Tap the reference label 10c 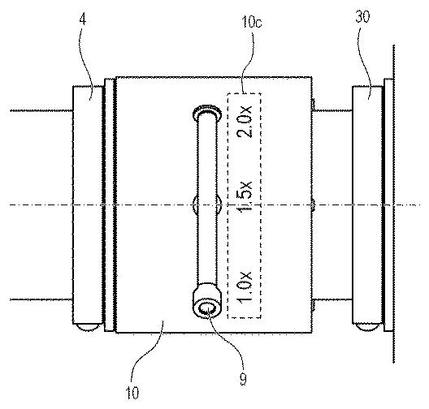(x=252, y=22)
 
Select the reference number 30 (x=362, y=16)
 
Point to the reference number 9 (x=243, y=379)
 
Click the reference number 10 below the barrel (x=132, y=393)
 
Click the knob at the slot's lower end (x=207, y=300)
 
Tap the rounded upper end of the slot (x=207, y=111)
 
